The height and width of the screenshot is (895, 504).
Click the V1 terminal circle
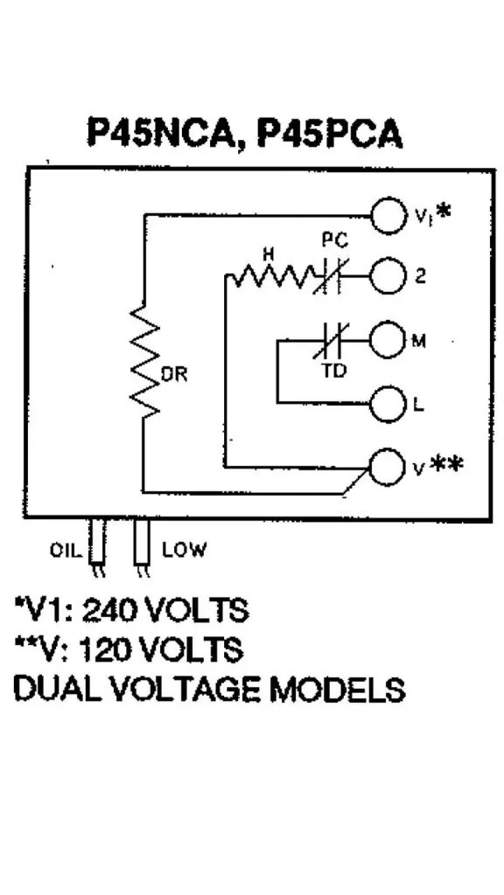[388, 216]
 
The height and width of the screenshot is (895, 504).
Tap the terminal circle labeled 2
[388, 277]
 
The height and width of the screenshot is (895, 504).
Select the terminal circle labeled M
[388, 341]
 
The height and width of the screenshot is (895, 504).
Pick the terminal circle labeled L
[388, 405]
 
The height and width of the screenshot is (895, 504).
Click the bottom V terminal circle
[388, 467]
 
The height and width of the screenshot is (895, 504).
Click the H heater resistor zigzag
[272, 278]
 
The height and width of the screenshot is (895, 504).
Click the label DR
[175, 376]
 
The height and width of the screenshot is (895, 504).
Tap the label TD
[333, 371]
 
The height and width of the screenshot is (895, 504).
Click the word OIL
[65, 551]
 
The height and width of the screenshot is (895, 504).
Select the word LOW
[184, 551]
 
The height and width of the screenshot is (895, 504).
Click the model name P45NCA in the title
[162, 134]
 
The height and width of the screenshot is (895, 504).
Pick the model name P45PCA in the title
[329, 133]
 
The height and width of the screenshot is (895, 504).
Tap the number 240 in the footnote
[110, 611]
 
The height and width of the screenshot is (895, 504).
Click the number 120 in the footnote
[105, 649]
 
